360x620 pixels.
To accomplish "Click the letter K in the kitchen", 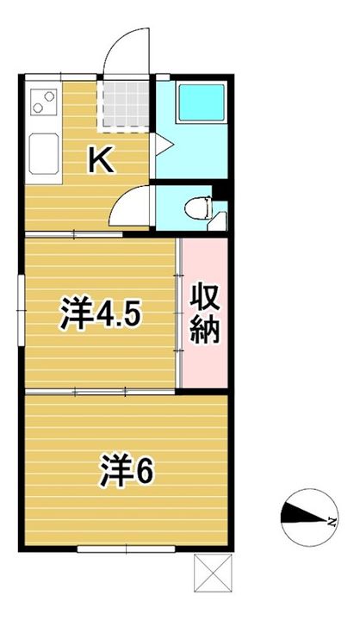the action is (102, 159).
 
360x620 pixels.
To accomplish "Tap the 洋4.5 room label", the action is (100, 314).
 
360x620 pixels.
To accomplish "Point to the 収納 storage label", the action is (204, 314).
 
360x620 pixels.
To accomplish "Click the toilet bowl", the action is (199, 207).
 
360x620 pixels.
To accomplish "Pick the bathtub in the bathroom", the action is (202, 102).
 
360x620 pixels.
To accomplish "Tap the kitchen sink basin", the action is (44, 154).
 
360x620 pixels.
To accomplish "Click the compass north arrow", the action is (305, 516).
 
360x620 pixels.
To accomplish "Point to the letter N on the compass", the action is (332, 522).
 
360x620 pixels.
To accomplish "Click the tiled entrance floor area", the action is (125, 104).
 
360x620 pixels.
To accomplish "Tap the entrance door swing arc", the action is (119, 40).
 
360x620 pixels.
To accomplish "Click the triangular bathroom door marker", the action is (164, 144).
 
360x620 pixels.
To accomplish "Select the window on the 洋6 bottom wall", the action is (127, 549).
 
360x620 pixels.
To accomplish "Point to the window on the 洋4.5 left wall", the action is (21, 311).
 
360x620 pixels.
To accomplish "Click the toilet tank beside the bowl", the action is (218, 220).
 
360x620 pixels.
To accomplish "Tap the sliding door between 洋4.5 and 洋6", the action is (100, 392).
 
